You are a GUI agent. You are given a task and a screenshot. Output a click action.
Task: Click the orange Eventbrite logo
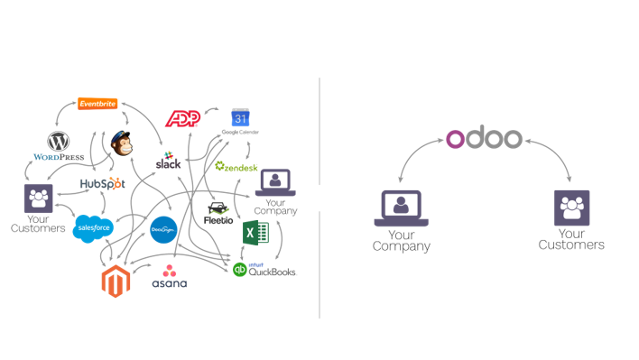[x=97, y=104]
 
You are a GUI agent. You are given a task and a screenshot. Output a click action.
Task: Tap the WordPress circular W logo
[x=59, y=141]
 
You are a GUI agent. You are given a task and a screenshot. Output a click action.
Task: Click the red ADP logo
[x=182, y=119]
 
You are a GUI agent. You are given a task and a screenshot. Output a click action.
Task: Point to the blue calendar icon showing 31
[x=240, y=118]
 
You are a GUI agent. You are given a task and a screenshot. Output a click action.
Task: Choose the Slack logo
[x=169, y=160]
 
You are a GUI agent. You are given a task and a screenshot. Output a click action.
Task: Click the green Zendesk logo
[x=236, y=166]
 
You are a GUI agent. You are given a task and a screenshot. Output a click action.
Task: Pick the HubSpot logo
[x=101, y=183]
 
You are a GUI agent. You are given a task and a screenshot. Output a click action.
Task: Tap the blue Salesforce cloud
[x=93, y=227]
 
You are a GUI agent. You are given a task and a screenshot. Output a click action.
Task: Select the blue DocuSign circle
[x=163, y=230]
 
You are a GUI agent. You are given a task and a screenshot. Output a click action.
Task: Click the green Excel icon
[x=255, y=233]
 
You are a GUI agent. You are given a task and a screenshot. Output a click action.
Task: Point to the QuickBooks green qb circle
[x=239, y=269]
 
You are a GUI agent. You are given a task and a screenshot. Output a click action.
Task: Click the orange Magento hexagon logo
[x=116, y=282]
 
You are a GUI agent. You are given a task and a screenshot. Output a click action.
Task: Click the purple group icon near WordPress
[x=38, y=198]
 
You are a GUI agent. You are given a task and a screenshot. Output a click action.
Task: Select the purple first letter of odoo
[x=456, y=139]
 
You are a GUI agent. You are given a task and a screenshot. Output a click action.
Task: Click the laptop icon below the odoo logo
[x=401, y=208]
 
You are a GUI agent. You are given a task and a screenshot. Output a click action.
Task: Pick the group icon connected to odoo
[x=571, y=208]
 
